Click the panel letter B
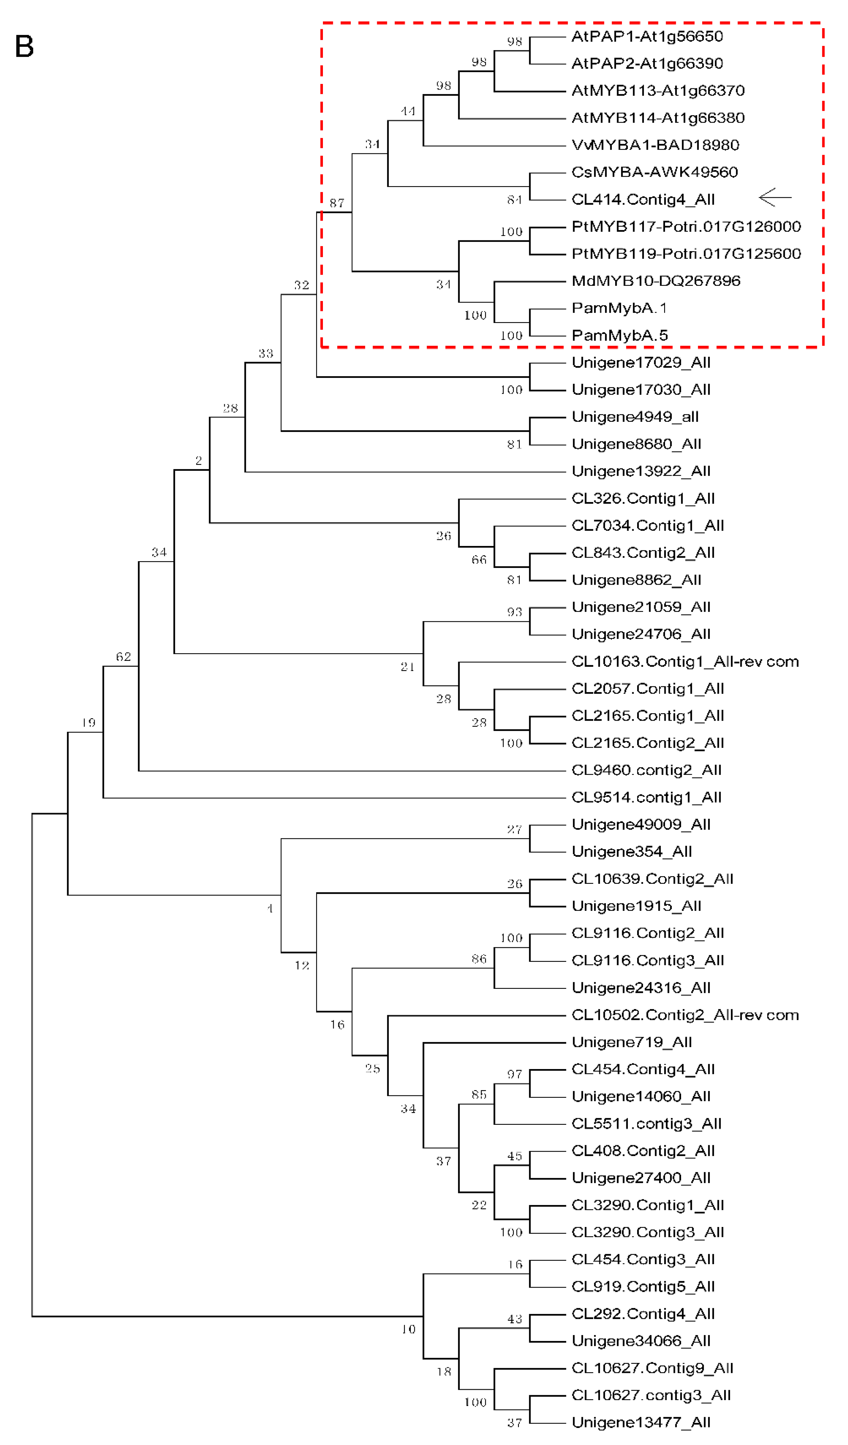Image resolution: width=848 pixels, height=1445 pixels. coord(24,46)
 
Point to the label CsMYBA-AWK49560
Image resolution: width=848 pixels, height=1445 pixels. coord(654,172)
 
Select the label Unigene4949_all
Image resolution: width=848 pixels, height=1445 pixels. coord(635,417)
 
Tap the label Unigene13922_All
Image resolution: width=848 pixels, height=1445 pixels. coord(641,471)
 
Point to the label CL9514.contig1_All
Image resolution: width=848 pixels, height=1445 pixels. coord(646,798)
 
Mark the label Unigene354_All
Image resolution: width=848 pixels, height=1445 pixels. coord(631,852)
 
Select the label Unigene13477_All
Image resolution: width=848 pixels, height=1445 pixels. coord(641,1423)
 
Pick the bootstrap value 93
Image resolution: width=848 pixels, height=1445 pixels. coord(514,612)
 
